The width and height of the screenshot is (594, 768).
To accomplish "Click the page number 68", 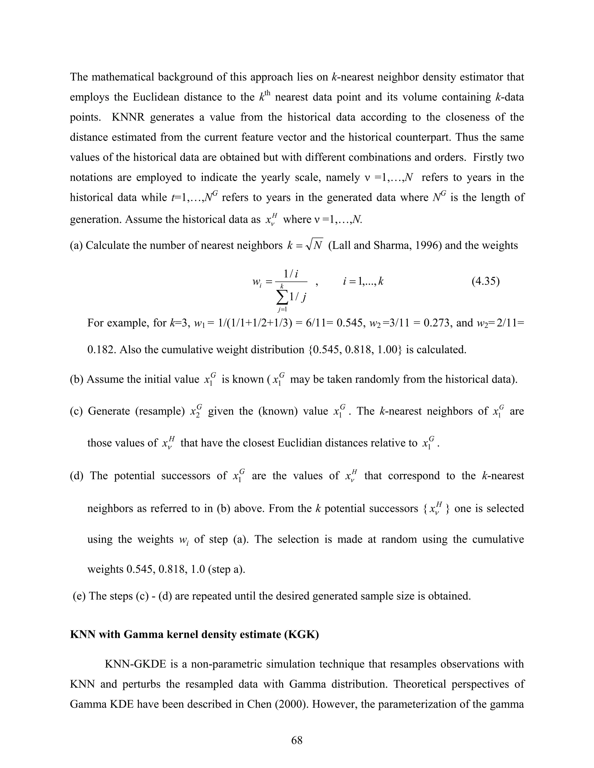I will click(x=297, y=740).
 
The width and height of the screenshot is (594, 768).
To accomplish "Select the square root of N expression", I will click(x=314, y=245).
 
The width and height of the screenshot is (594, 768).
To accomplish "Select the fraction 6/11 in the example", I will click(x=320, y=323).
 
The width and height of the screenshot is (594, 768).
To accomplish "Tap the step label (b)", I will click(x=76, y=379).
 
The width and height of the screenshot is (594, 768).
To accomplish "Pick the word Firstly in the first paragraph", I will click(x=487, y=157).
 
